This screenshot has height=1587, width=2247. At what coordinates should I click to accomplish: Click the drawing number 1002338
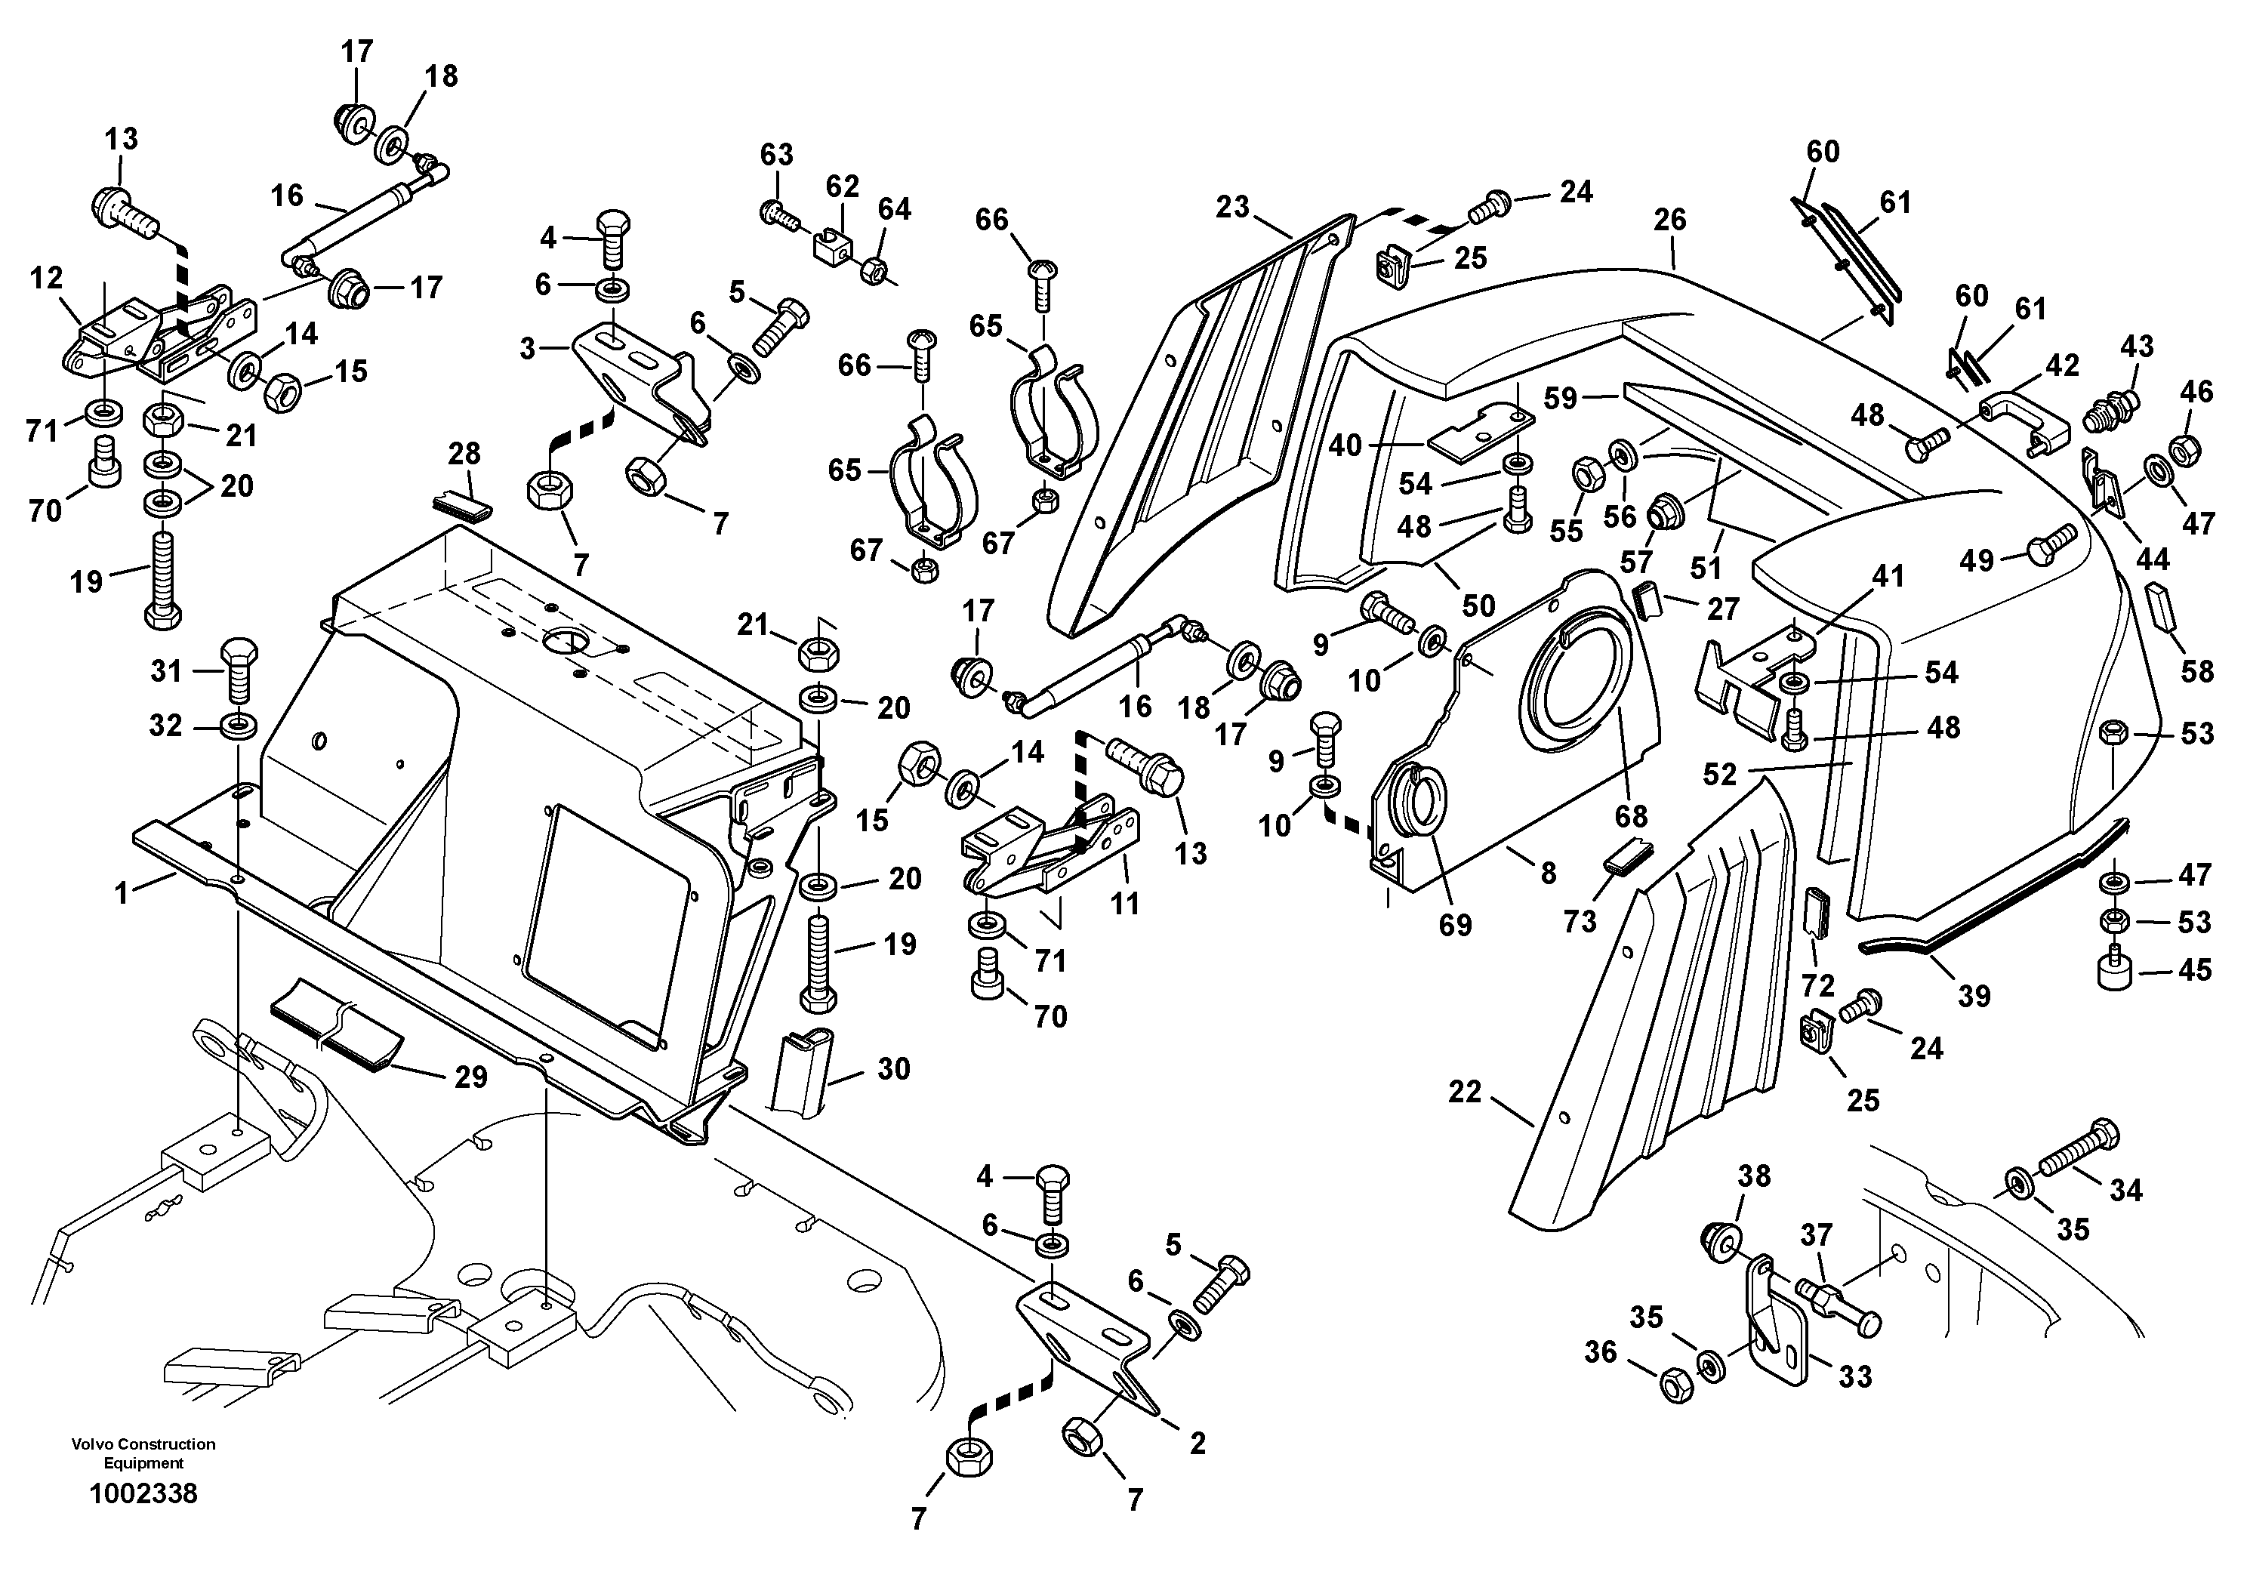point(143,1493)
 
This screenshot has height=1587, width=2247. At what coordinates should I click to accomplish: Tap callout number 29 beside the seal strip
point(470,1077)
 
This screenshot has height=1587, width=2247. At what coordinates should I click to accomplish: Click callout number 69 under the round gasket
point(1455,925)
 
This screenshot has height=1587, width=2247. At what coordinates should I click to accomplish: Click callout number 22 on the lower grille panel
point(1465,1091)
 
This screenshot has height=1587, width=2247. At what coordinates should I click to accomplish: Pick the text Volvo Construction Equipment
point(143,1453)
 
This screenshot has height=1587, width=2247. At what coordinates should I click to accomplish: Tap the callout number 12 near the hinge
point(46,279)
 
